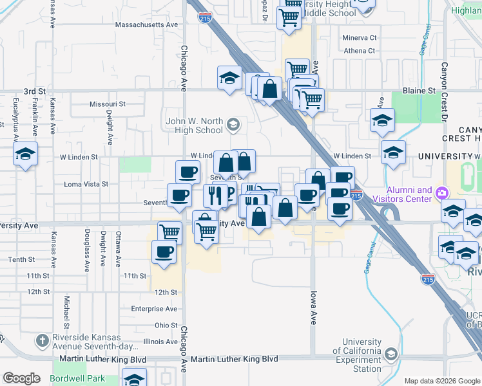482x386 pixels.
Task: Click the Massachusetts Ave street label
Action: pyautogui.click(x=146, y=24)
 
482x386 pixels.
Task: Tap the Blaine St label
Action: pyautogui.click(x=419, y=91)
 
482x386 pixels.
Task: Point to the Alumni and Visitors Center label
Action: pyautogui.click(x=409, y=194)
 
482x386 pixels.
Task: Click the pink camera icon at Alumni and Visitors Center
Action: pyautogui.click(x=441, y=192)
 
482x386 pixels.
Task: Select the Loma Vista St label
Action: pyautogui.click(x=86, y=184)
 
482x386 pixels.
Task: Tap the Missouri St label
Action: pyautogui.click(x=107, y=104)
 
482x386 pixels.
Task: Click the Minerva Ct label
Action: pyautogui.click(x=359, y=38)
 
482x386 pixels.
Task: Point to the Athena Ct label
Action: pyautogui.click(x=360, y=51)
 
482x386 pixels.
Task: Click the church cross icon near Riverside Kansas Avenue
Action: pyautogui.click(x=42, y=340)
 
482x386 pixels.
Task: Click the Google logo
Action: pyautogui.click(x=21, y=378)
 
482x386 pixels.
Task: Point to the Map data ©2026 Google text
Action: pyautogui.click(x=442, y=381)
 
